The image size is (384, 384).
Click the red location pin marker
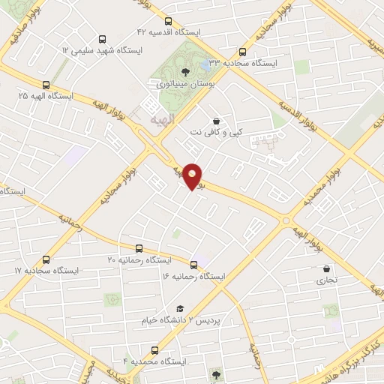[x=193, y=176]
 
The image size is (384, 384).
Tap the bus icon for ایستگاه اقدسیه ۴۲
[x=168, y=21]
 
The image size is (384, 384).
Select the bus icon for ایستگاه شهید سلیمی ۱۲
[x=101, y=38]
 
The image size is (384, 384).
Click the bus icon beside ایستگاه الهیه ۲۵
[x=46, y=85]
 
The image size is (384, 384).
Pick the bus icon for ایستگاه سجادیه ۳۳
[x=241, y=52]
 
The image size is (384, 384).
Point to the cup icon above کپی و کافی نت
[x=216, y=121]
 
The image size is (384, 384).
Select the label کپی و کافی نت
[x=216, y=132]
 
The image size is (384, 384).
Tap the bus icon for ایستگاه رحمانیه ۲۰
[x=139, y=248]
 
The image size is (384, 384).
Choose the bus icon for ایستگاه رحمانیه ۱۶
[x=193, y=265]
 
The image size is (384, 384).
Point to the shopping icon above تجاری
[x=325, y=268]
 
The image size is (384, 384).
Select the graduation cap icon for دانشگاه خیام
[x=179, y=308]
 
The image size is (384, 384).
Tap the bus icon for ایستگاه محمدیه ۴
[x=154, y=350]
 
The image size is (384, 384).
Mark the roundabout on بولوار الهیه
[x=285, y=220]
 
